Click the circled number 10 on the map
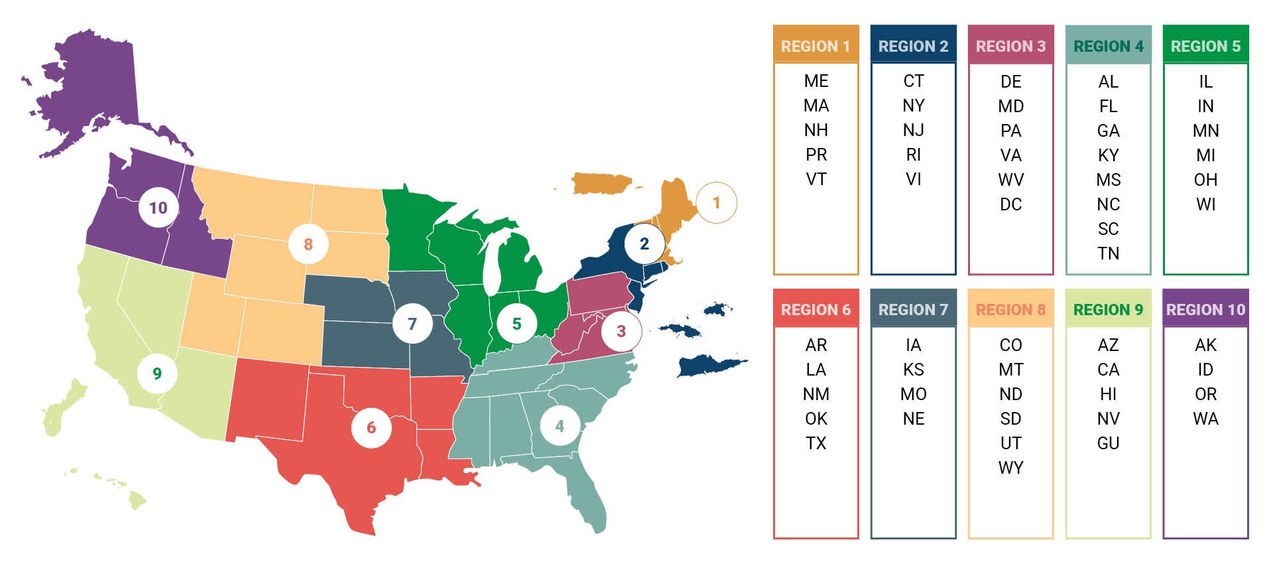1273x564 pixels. tap(158, 208)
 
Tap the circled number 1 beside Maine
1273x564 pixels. tap(716, 202)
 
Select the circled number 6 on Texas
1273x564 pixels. tap(371, 427)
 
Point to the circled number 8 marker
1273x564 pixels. tap(308, 244)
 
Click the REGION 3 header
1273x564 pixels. tap(1010, 46)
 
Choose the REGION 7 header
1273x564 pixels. tap(913, 309)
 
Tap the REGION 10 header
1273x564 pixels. tap(1205, 309)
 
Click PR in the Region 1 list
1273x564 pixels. tap(816, 155)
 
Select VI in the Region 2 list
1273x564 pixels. tap(913, 179)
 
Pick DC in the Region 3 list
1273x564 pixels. tap(1010, 204)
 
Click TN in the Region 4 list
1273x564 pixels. tap(1108, 253)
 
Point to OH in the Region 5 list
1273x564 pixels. tap(1205, 180)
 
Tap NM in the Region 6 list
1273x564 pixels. tap(816, 394)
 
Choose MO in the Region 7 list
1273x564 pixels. tap(913, 394)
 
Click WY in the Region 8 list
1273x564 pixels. tap(1010, 468)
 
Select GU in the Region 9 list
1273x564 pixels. tap(1108, 443)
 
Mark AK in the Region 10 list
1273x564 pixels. tap(1205, 345)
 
